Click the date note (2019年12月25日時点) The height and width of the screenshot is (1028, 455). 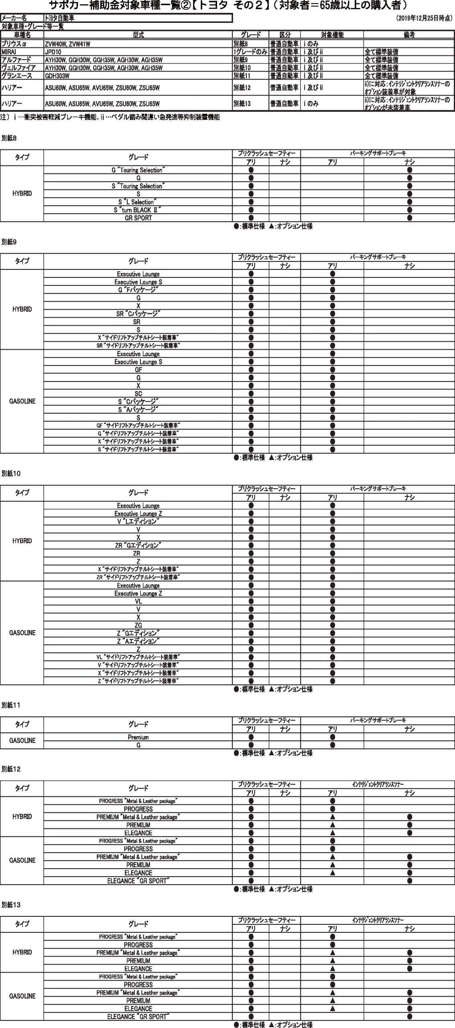(424, 18)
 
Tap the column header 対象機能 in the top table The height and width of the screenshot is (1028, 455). (332, 35)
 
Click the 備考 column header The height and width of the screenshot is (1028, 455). (409, 35)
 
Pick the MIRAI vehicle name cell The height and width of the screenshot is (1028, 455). (8, 52)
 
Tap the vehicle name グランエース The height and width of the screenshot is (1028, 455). (16, 75)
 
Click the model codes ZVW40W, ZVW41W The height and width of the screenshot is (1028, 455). (67, 44)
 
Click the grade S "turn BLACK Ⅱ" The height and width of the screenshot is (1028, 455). (138, 210)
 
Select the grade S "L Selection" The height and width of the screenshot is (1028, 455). (138, 202)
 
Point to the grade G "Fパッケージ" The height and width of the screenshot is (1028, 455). (138, 290)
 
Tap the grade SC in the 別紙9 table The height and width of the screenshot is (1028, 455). (138, 394)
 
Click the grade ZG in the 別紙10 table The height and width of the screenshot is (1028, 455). (138, 625)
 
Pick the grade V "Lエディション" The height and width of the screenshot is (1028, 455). (138, 521)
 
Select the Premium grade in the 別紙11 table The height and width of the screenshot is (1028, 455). (138, 737)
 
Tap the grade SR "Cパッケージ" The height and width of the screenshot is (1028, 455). (138, 314)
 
